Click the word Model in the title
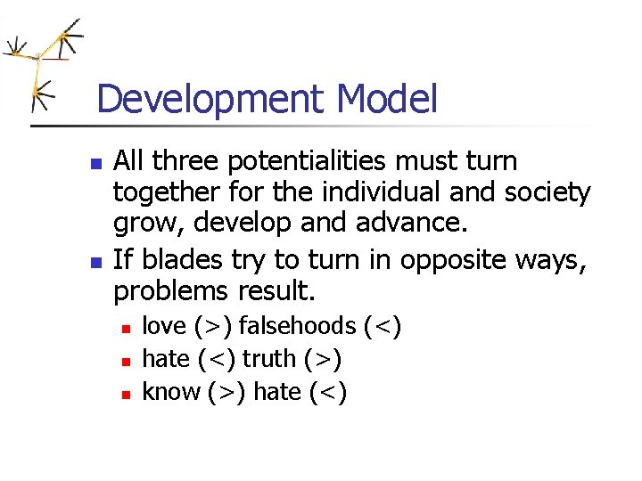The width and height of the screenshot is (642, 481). pos(388,99)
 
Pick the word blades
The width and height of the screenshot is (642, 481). pos(174,260)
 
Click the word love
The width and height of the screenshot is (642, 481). pos(165,327)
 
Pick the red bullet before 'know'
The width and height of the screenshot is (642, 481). pos(127,394)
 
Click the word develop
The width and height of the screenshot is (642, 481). pos(241,224)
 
